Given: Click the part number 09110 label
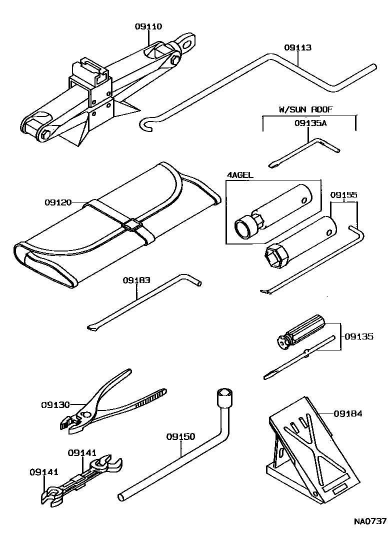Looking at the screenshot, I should pos(148,27).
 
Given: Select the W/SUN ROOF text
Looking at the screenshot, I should pos(305,109).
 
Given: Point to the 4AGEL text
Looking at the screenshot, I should pos(239,175).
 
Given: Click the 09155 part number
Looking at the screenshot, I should pos(343,195).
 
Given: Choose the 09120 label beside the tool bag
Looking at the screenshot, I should pos(58,202).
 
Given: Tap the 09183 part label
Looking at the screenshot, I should pos(136,281).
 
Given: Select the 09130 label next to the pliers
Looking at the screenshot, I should pos(55,404).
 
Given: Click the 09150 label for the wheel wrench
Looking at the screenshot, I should pos(180,436).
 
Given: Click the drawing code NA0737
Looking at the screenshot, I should pos(370,522).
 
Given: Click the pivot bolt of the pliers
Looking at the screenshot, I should pos(88,414).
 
